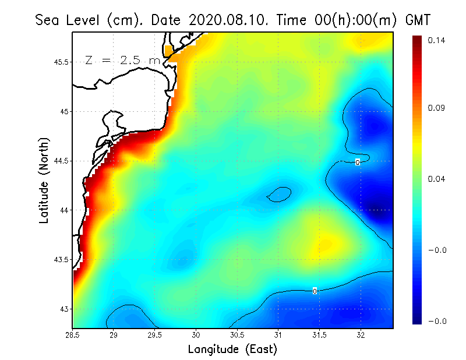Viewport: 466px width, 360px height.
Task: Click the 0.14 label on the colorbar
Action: click(437, 40)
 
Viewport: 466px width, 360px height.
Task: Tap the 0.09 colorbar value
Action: click(437, 108)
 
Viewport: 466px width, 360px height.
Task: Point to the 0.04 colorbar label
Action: click(437, 179)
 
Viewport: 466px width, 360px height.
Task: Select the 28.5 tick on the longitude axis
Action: click(73, 336)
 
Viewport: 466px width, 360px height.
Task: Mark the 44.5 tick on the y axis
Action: click(61, 161)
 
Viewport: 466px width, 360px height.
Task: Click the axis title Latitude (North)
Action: click(44, 180)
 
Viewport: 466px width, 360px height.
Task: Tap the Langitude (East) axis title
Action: click(232, 350)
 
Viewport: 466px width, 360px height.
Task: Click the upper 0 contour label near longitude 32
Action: click(358, 162)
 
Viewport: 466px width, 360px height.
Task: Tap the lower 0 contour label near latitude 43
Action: click(315, 291)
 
